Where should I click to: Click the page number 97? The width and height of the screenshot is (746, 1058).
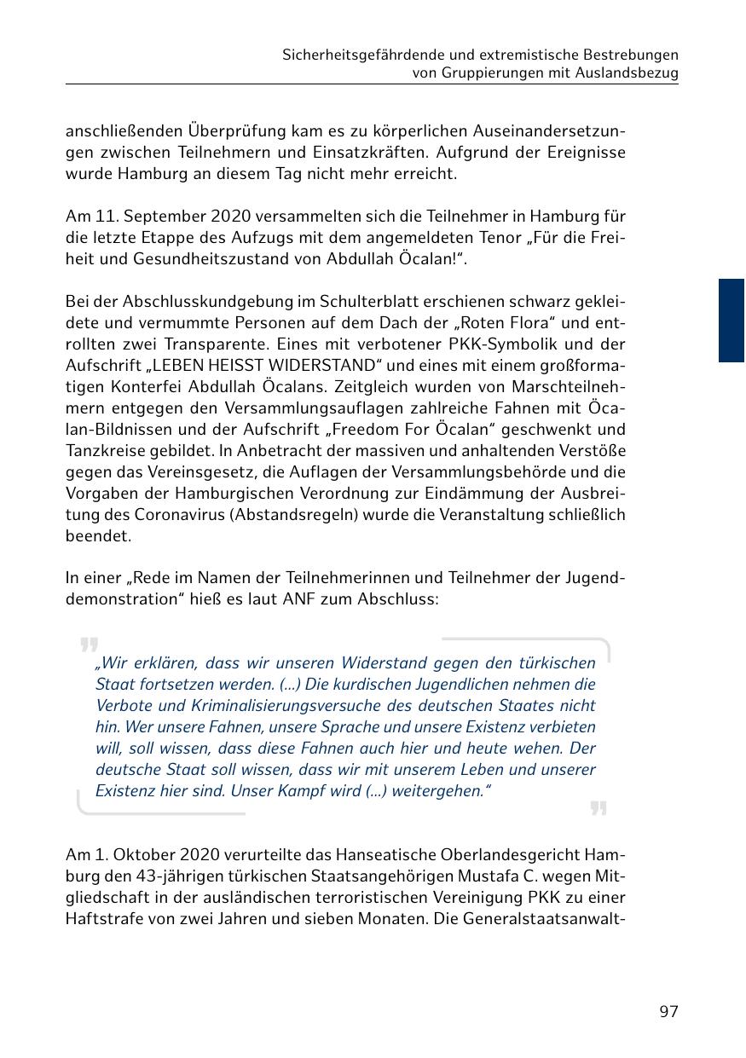point(668,1012)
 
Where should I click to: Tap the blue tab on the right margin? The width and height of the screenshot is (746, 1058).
point(731,321)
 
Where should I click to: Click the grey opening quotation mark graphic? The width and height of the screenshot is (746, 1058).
point(89,645)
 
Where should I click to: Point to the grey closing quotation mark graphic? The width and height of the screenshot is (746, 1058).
point(599,808)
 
